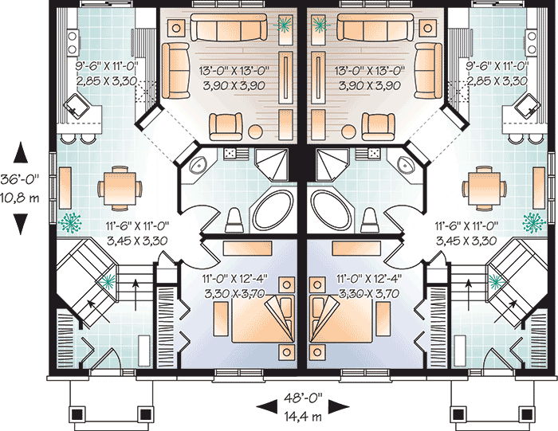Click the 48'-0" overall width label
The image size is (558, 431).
point(303,398)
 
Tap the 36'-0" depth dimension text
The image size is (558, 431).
point(20,179)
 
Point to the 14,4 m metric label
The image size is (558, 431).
point(303,416)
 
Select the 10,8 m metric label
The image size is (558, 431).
point(20,198)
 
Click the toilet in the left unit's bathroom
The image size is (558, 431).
point(234,220)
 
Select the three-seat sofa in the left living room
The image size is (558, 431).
point(229,27)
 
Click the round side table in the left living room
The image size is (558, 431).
point(256,131)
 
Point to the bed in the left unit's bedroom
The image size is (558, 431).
point(263,319)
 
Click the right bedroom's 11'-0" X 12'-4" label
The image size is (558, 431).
point(369,279)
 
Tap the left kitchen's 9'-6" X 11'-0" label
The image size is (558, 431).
point(106,66)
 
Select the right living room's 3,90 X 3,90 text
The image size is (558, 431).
point(369,85)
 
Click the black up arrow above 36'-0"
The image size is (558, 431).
point(21,152)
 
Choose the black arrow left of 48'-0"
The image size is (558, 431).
point(266,406)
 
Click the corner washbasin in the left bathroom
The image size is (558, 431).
point(198,165)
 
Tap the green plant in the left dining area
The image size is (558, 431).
point(70,223)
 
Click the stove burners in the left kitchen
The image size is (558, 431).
point(73,42)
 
